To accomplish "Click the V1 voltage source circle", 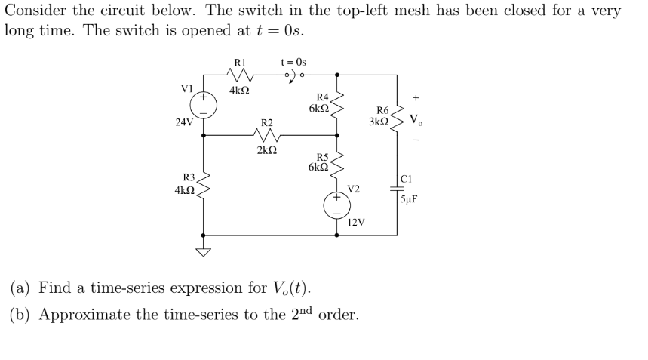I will coord(203,105).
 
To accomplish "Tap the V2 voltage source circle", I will coord(336,205).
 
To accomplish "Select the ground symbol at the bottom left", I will coord(203,251).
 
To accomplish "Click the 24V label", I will coord(183,120).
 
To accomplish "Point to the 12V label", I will coord(356,223).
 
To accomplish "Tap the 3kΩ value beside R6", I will coord(379,121).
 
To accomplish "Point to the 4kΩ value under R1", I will coord(239,91).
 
